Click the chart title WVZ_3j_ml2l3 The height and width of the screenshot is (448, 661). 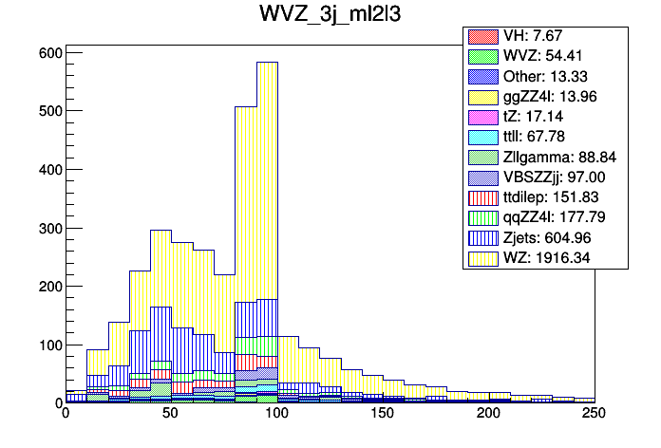(330, 16)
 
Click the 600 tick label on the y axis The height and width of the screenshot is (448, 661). (46, 53)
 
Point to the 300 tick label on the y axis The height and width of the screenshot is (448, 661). (46, 228)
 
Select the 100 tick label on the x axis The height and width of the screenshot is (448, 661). (276, 414)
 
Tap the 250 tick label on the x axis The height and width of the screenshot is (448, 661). (594, 414)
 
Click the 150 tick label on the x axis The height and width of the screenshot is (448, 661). (383, 414)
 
